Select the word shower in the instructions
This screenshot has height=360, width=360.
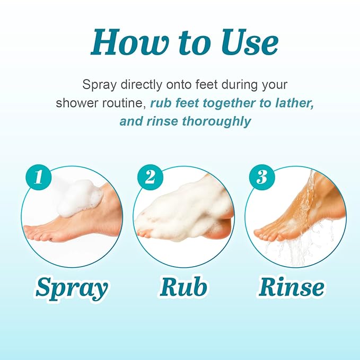click(x=74, y=103)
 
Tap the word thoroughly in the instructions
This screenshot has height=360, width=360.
click(x=216, y=121)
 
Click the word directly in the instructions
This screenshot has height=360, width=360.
click(x=140, y=84)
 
